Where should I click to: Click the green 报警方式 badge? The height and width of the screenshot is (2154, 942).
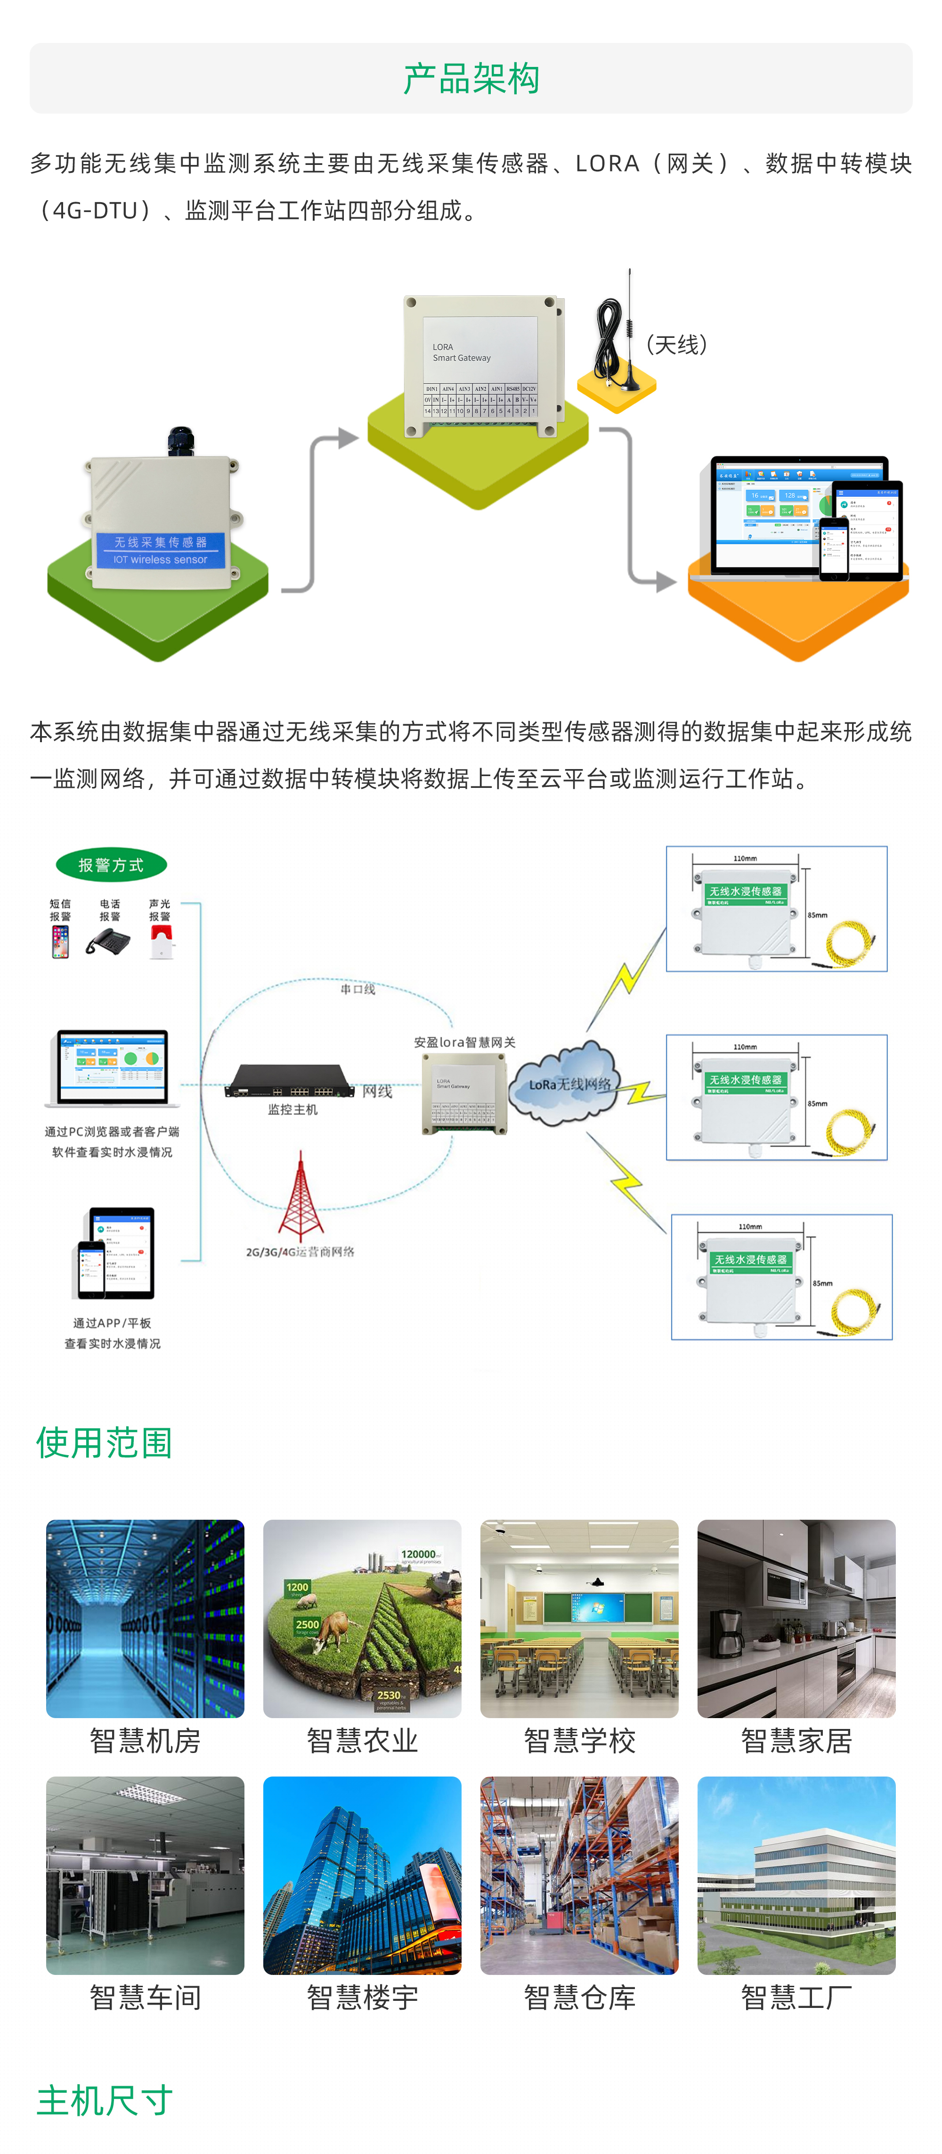coord(111,865)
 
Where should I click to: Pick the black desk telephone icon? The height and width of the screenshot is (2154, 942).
coord(109,942)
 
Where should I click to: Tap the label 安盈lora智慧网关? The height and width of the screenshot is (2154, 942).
coord(465,1042)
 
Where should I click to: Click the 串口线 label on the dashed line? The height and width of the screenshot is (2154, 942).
coord(358,989)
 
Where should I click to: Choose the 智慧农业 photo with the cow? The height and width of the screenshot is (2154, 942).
coord(362,1618)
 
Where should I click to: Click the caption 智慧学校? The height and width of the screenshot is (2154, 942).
coord(579,1741)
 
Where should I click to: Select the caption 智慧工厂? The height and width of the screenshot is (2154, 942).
coord(796,1998)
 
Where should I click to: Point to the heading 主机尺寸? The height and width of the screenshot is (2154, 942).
coord(105,2100)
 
